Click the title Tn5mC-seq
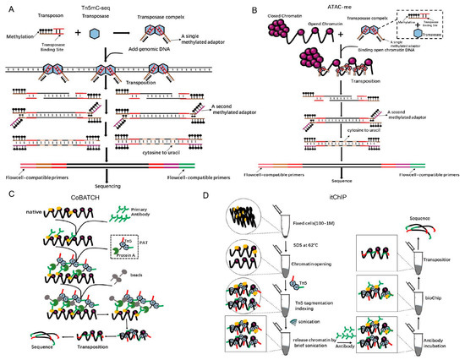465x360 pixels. click(x=121, y=7)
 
